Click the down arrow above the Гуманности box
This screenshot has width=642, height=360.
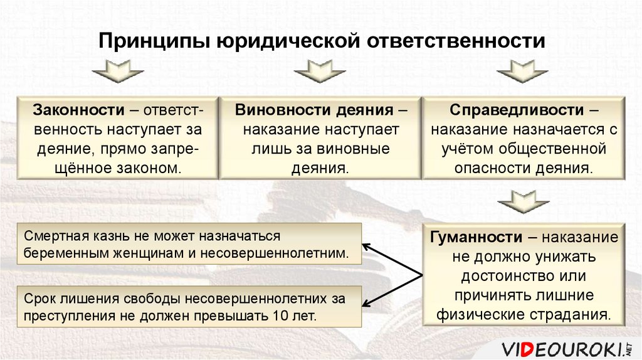click(524, 202)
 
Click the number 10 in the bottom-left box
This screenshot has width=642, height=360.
click(279, 315)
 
